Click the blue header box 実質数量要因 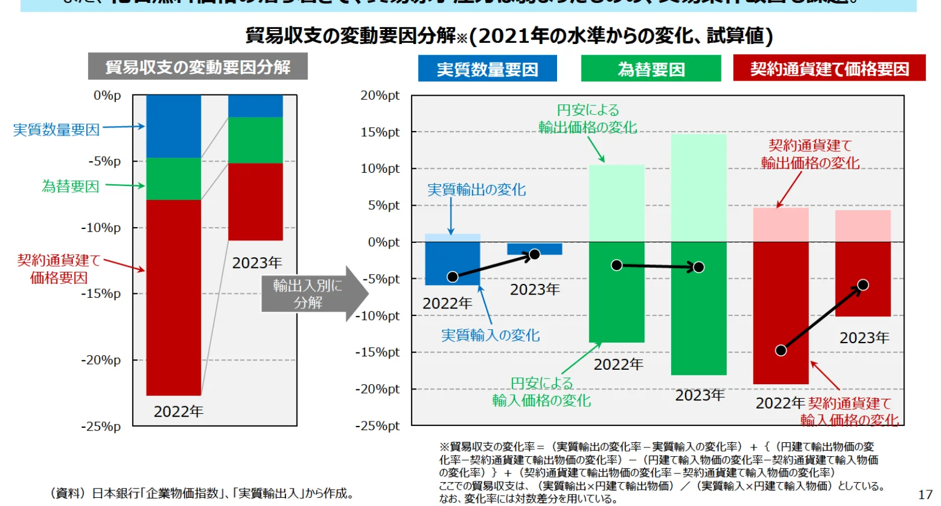point(487,69)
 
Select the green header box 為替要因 point(651,69)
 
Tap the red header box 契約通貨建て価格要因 point(829,68)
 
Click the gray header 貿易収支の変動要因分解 point(197,67)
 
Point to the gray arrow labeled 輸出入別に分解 point(313,294)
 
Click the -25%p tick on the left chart point(101,427)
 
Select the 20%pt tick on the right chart point(380,96)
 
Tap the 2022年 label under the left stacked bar point(178,412)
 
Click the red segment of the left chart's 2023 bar point(255,202)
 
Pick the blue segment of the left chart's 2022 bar point(173,126)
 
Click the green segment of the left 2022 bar point(173,179)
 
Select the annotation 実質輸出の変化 point(476,190)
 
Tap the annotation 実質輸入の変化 point(490,336)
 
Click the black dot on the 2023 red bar point(862,285)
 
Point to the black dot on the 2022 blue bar point(453,276)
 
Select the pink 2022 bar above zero point(781,225)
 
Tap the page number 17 point(925,494)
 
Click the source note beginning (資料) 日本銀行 point(202,493)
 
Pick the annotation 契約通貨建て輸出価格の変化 point(810,154)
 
